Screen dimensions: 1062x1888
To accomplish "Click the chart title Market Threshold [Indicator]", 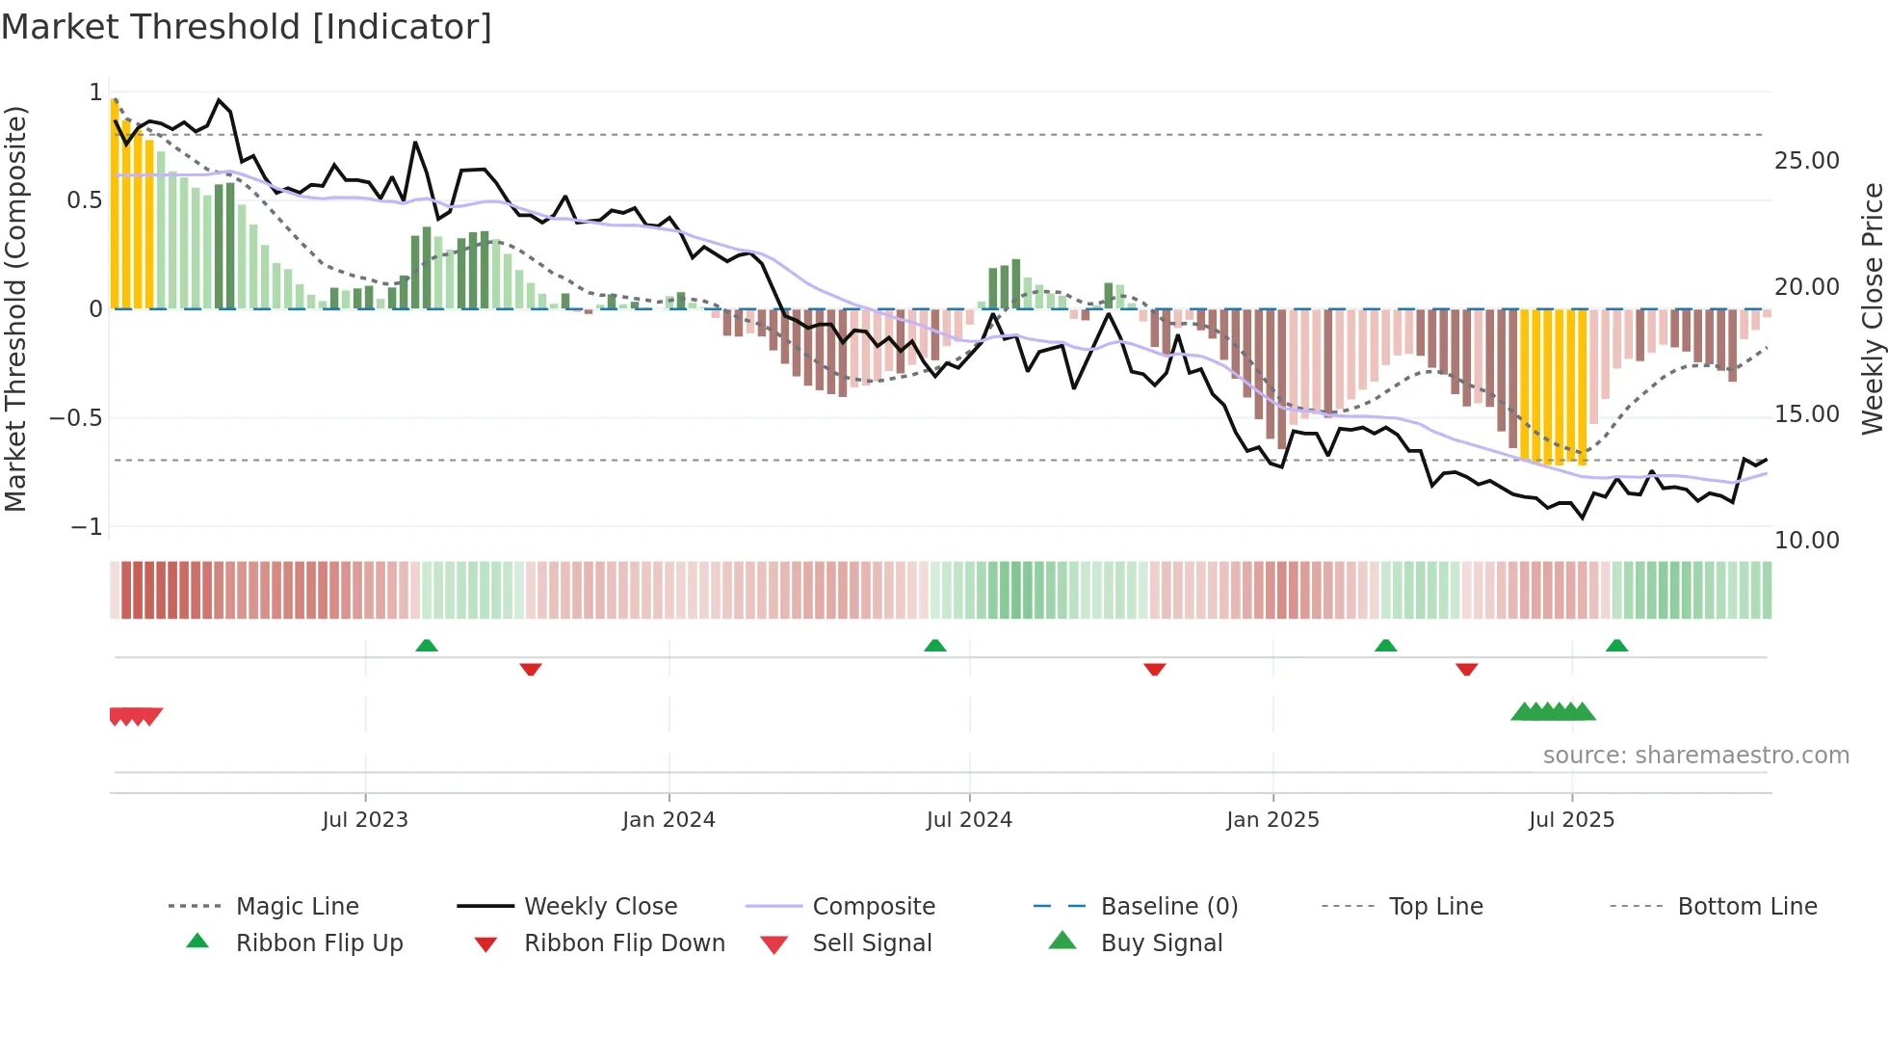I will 247,27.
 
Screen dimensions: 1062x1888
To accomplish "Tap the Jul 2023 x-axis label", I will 365,820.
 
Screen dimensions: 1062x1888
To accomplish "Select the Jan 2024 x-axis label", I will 669,820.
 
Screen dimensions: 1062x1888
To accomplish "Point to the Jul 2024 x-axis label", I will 969,820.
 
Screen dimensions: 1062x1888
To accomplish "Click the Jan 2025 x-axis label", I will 1272,820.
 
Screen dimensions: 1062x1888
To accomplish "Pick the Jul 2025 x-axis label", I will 1571,820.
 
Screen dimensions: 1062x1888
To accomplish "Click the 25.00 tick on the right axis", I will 1806,161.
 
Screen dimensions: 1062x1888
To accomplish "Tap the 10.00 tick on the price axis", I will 1806,541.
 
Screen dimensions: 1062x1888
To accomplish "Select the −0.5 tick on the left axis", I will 76,418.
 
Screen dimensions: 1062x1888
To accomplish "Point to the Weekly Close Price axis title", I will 1872,308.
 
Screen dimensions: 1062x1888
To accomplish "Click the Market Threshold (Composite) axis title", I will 15,308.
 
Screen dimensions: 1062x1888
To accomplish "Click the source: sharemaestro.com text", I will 1695,756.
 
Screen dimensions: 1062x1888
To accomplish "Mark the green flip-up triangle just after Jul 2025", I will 1616,646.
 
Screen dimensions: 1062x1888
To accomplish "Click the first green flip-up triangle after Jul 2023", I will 427,646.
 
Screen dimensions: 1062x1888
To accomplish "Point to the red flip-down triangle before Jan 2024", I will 531,669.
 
